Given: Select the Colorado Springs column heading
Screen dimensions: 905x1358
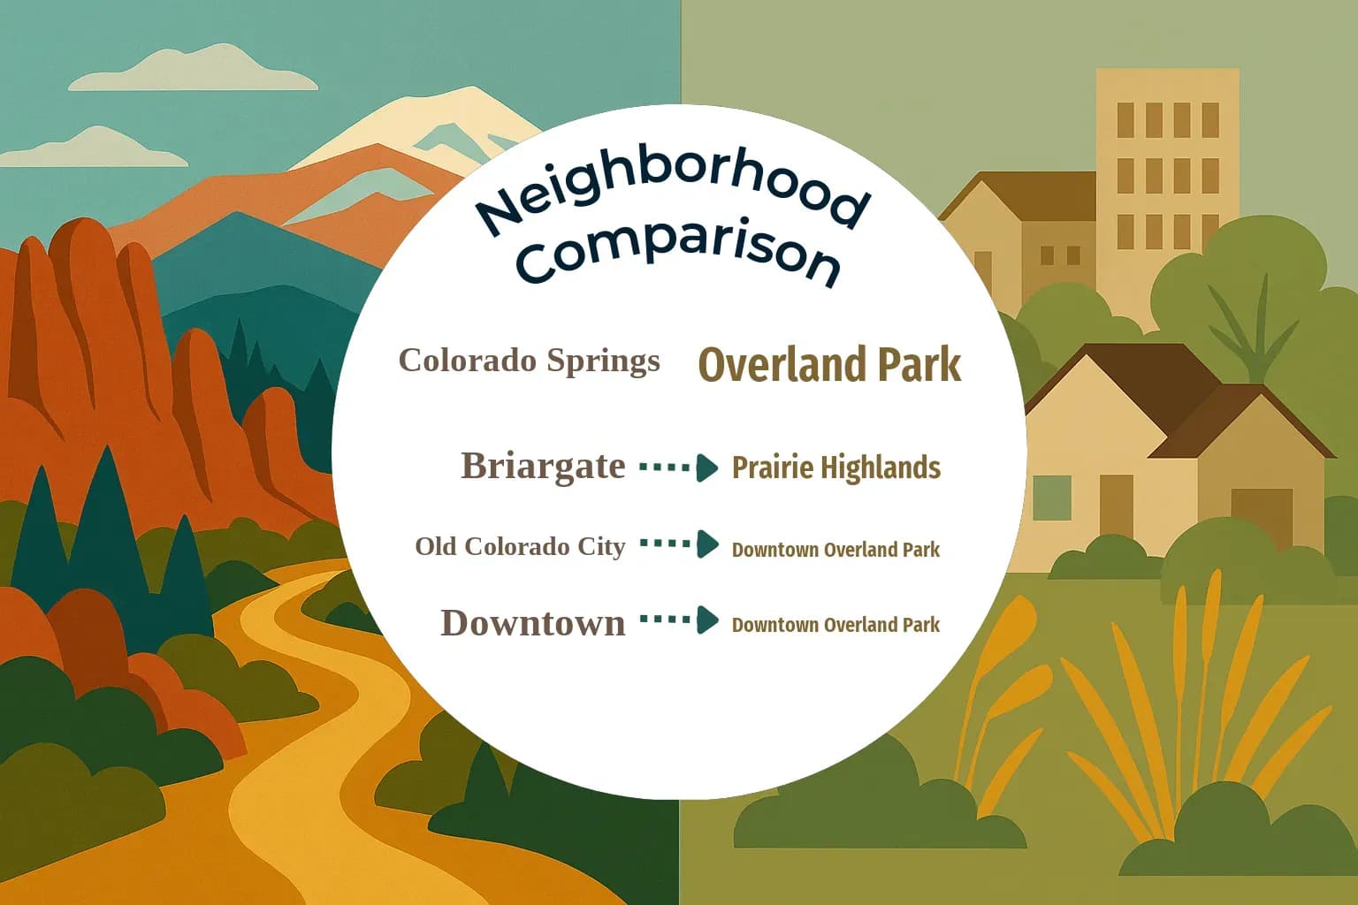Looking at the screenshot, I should coord(529,361).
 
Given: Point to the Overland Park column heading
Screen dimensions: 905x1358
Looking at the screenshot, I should coord(829,364).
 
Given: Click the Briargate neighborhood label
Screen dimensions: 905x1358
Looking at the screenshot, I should coord(543,466).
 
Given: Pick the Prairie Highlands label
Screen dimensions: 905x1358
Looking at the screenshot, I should coord(835,468).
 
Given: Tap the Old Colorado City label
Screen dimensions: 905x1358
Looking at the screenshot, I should coord(520,546).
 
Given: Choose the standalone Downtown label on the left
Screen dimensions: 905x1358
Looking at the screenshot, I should coord(532,623).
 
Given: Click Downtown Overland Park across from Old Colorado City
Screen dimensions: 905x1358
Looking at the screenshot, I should coord(835,550).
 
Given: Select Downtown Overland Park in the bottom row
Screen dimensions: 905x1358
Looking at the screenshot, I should coord(835,625).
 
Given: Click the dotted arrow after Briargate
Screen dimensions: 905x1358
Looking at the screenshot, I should coord(679,467).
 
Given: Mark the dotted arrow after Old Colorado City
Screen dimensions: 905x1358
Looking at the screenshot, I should coord(679,544).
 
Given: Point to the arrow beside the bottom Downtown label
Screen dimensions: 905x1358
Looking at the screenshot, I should coord(679,620).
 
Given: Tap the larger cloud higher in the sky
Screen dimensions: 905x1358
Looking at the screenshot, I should coord(195,71).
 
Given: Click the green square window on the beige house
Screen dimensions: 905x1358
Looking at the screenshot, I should coord(1051,498).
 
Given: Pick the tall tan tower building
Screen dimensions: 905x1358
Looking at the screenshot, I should coord(1167,177).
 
